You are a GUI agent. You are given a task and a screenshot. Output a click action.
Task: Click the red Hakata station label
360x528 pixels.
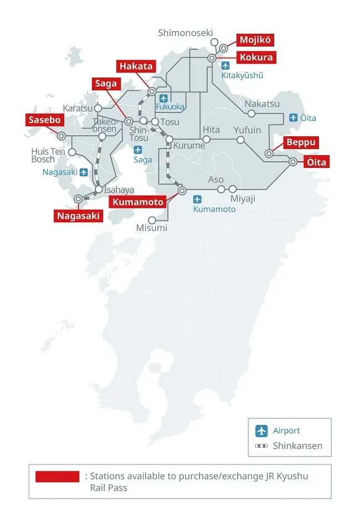[136, 66]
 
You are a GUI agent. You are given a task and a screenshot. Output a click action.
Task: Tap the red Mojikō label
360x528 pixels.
[255, 40]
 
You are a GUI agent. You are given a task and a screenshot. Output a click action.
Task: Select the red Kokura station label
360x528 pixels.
[256, 57]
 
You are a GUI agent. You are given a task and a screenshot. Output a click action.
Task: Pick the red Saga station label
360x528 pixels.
[106, 84]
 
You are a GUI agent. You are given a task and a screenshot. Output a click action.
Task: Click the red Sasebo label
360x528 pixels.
[44, 120]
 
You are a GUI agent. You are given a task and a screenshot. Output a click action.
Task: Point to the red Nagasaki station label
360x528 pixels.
[79, 216]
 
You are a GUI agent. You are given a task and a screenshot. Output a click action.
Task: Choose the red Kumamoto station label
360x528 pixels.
[138, 202]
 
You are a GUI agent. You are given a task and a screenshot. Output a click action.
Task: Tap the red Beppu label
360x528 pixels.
[301, 142]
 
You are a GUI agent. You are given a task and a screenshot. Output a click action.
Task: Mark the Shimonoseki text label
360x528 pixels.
[185, 33]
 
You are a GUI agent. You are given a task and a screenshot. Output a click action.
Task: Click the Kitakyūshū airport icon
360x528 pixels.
[225, 66]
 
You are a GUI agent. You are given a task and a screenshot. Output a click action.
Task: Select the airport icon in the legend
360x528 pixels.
[261, 430]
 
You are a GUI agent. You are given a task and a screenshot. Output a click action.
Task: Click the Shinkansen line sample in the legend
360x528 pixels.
[261, 445]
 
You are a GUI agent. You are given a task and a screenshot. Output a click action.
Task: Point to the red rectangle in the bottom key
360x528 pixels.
[58, 476]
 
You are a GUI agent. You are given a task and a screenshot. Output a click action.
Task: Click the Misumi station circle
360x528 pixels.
[152, 220]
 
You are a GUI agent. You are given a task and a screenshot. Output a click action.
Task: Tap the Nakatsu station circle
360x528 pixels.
[251, 114]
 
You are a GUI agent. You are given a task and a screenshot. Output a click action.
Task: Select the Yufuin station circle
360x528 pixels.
[240, 140]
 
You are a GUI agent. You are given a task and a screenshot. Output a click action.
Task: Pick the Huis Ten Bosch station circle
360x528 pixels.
[72, 152]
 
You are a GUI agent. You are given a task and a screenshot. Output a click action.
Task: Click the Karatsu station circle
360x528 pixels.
[99, 109]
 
